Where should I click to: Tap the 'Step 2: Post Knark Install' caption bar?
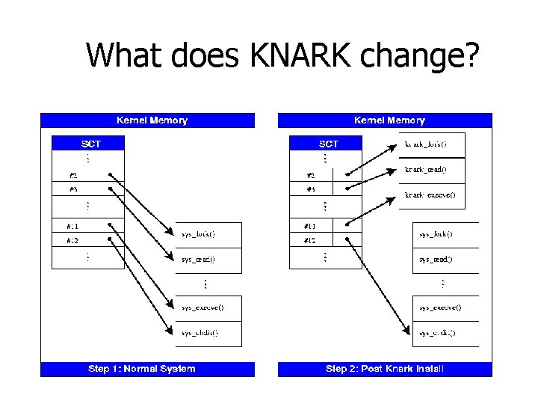384,368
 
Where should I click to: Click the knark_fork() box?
425,144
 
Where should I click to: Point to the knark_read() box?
425,170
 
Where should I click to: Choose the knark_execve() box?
430,195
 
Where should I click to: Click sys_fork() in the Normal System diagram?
199,234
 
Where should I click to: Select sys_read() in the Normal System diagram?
199,260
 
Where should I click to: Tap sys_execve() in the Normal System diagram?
202,307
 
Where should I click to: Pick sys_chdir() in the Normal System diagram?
200,333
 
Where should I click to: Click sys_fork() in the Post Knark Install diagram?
436,234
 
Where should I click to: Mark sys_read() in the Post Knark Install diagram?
436,260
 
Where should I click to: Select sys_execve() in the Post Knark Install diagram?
439,307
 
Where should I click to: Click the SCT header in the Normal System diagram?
91,144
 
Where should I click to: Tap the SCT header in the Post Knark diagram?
329,144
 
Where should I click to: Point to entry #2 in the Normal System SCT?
75,176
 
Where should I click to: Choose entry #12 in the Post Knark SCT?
311,241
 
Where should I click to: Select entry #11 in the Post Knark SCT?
311,225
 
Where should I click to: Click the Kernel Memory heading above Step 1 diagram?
152,120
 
